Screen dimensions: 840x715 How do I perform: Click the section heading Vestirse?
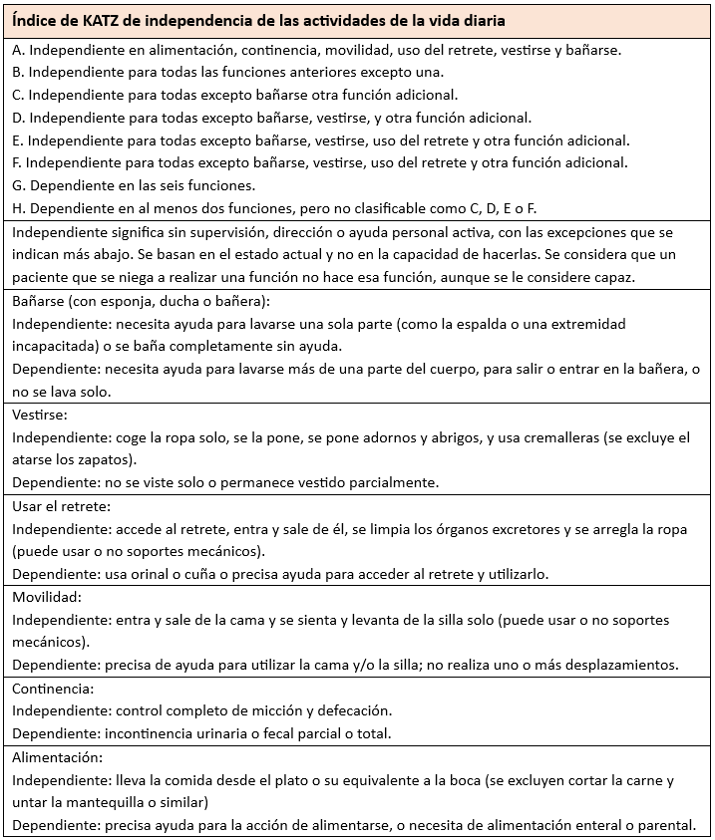coord(39,414)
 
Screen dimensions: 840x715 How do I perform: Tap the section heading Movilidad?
coord(47,597)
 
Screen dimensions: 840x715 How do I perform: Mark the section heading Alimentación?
coord(61,756)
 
